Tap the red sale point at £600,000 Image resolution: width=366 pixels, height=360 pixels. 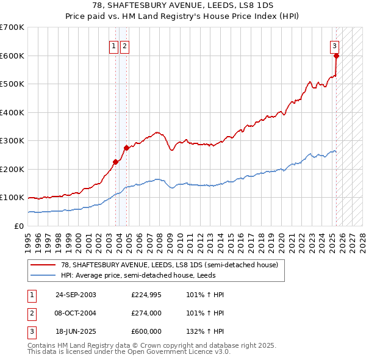[336, 56]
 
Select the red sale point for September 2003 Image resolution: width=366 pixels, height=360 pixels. [115, 162]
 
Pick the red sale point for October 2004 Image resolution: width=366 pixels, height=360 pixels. [126, 148]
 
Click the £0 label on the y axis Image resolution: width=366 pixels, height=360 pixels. [19, 226]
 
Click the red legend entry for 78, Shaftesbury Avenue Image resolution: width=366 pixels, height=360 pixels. [170, 265]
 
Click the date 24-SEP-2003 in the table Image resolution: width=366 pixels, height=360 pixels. [76, 295]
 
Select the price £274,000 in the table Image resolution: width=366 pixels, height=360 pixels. [146, 313]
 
